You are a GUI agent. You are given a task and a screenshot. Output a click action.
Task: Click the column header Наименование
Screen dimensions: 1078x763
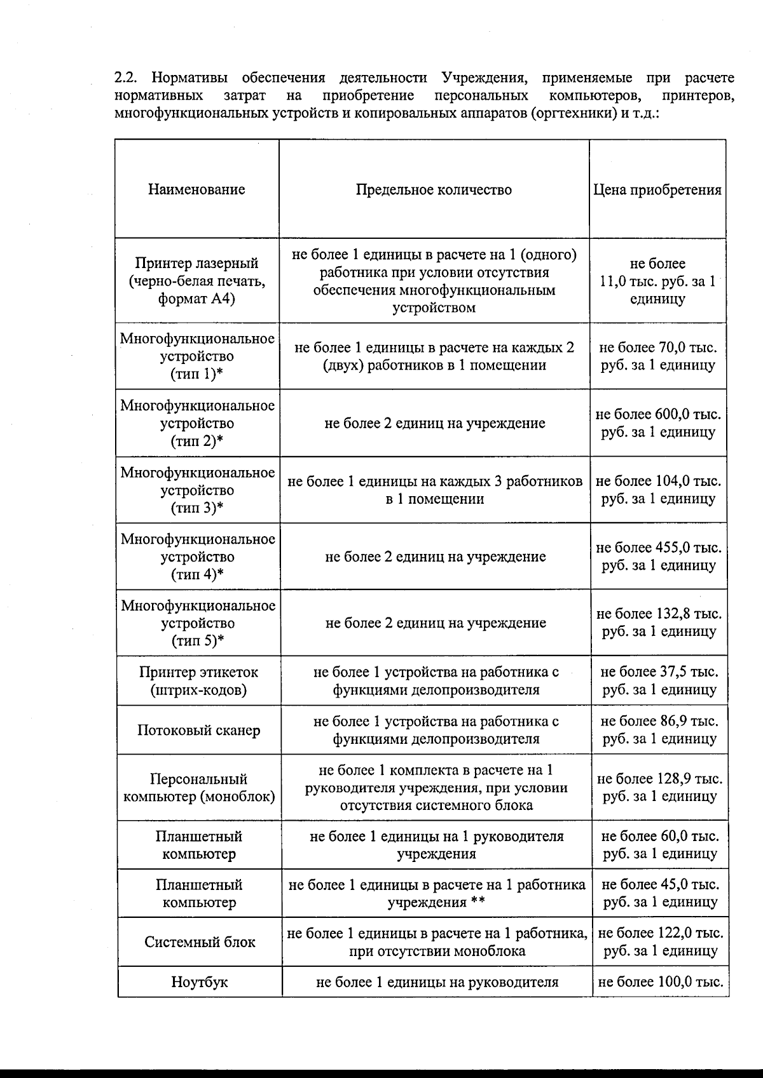tap(196, 189)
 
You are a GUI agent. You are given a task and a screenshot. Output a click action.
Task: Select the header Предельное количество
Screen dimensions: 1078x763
tap(434, 190)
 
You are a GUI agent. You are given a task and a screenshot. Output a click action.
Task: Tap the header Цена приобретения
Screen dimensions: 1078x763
tap(657, 190)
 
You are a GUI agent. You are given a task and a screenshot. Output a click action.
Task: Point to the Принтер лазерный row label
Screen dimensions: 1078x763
tap(196, 281)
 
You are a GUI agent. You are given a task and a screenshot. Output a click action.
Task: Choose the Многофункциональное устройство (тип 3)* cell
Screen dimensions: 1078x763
tap(198, 490)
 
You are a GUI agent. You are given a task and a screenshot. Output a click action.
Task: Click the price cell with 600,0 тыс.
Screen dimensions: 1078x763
tap(658, 423)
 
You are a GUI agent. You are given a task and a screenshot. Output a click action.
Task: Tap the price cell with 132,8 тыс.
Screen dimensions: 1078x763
tap(659, 623)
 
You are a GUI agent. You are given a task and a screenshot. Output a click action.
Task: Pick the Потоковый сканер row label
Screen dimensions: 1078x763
tap(198, 730)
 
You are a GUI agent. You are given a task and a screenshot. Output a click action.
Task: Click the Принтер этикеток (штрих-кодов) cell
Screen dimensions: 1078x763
tap(198, 680)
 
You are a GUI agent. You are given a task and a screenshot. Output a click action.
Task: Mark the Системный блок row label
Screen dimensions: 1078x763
tap(200, 941)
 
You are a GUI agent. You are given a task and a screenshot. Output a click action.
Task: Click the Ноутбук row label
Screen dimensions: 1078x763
tap(199, 982)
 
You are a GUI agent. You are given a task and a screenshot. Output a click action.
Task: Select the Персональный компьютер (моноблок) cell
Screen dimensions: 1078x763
tap(199, 788)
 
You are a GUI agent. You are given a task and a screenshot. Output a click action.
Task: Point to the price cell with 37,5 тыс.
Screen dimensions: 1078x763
tap(659, 680)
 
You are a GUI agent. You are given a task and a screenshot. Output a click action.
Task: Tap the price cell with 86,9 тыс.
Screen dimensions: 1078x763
tap(659, 730)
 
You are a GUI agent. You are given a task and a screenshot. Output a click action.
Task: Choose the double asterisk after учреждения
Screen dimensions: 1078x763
tap(478, 902)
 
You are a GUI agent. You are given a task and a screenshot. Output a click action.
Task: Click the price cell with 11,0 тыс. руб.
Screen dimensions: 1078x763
tap(657, 281)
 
